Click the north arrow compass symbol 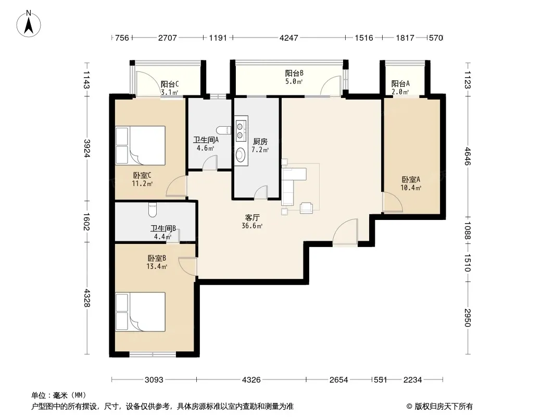pos(29,24)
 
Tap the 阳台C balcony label pos(170,88)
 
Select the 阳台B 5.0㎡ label pos(294,77)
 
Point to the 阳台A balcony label pos(400,88)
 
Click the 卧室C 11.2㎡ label pos(142,179)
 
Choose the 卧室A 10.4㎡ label pos(411,183)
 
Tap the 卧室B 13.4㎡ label pos(157,262)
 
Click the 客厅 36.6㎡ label pos(252,222)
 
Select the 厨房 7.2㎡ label pos(260,145)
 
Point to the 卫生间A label pos(206,140)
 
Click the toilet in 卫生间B pos(153,209)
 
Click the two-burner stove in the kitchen pos(242,130)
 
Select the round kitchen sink pos(241,154)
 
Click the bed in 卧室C pos(141,145)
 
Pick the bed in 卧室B pos(141,312)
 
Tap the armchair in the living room pos(306,207)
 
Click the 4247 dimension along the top pos(289,38)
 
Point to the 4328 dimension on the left pos(87,298)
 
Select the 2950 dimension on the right pos(468,318)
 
